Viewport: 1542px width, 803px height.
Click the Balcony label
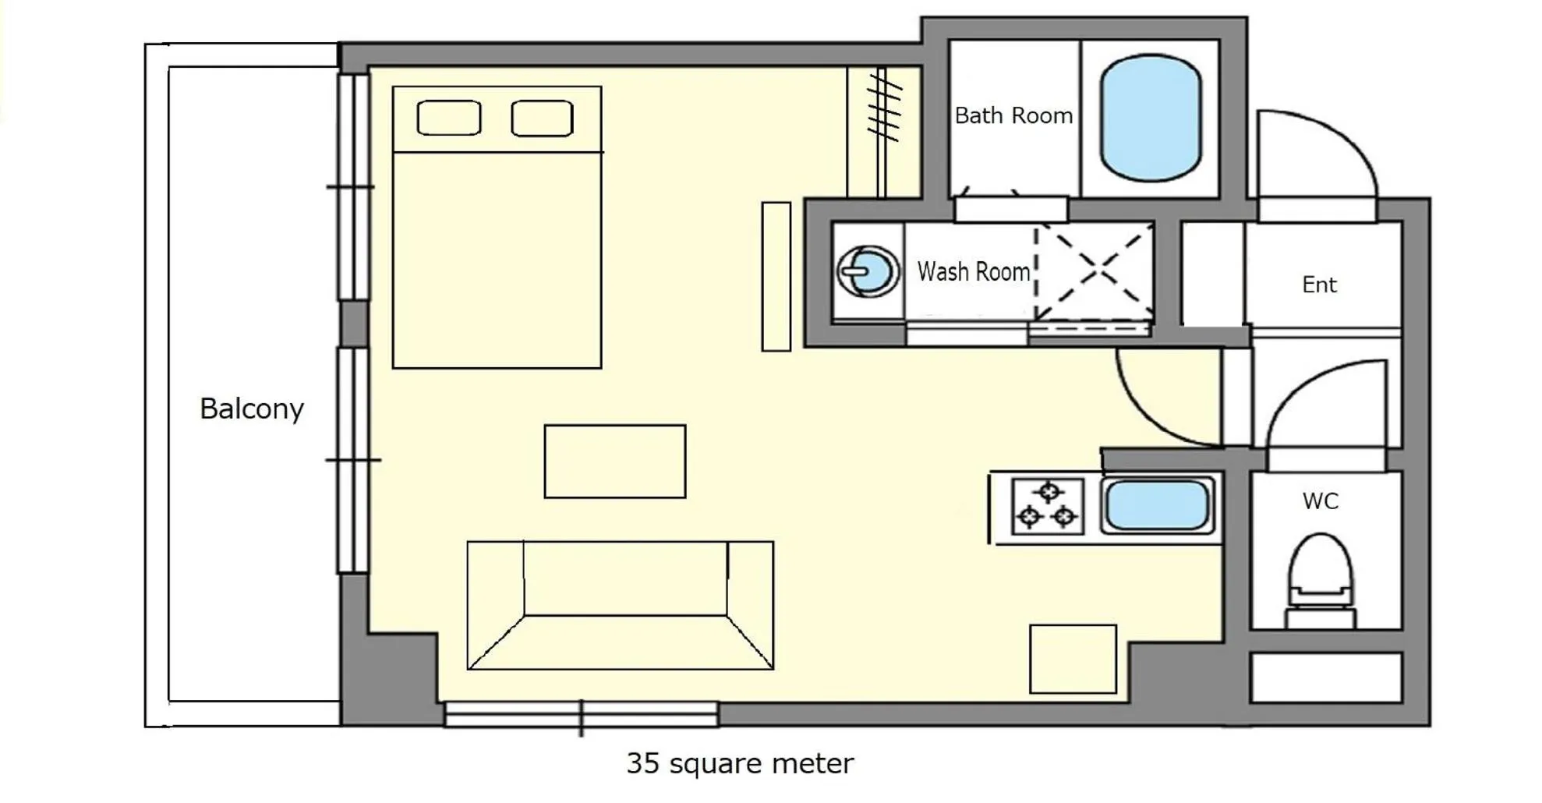pyautogui.click(x=251, y=409)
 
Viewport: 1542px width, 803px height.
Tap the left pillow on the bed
pyautogui.click(x=448, y=119)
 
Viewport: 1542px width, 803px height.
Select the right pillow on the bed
pyautogui.click(x=542, y=119)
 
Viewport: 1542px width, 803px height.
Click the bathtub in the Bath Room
pyautogui.click(x=1150, y=118)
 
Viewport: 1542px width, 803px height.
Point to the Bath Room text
pyautogui.click(x=1013, y=116)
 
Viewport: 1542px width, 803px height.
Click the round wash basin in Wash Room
pyautogui.click(x=868, y=271)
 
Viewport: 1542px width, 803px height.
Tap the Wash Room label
pyautogui.click(x=973, y=271)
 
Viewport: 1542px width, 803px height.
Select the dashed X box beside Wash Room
pyautogui.click(x=1095, y=271)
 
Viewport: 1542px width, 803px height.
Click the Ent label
pyautogui.click(x=1319, y=285)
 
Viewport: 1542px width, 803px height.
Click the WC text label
pyautogui.click(x=1320, y=501)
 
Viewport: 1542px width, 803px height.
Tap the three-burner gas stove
pyautogui.click(x=1047, y=507)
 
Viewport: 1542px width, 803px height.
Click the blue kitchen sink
pyautogui.click(x=1157, y=505)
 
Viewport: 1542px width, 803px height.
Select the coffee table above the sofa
pyautogui.click(x=614, y=461)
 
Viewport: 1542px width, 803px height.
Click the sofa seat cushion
pyautogui.click(x=625, y=578)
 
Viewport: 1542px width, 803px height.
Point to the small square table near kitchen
pyautogui.click(x=1073, y=659)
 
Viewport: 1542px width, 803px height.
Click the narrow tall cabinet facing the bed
pyautogui.click(x=776, y=276)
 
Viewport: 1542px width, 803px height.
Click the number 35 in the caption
pyautogui.click(x=644, y=763)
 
